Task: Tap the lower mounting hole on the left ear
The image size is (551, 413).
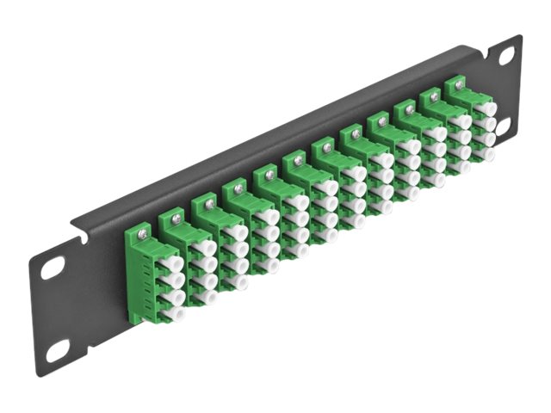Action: coord(58,349)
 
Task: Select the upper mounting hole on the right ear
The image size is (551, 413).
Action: coord(505,55)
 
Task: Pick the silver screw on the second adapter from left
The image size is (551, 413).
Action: coord(177,219)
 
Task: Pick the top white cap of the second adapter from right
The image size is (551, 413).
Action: coord(464,121)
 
